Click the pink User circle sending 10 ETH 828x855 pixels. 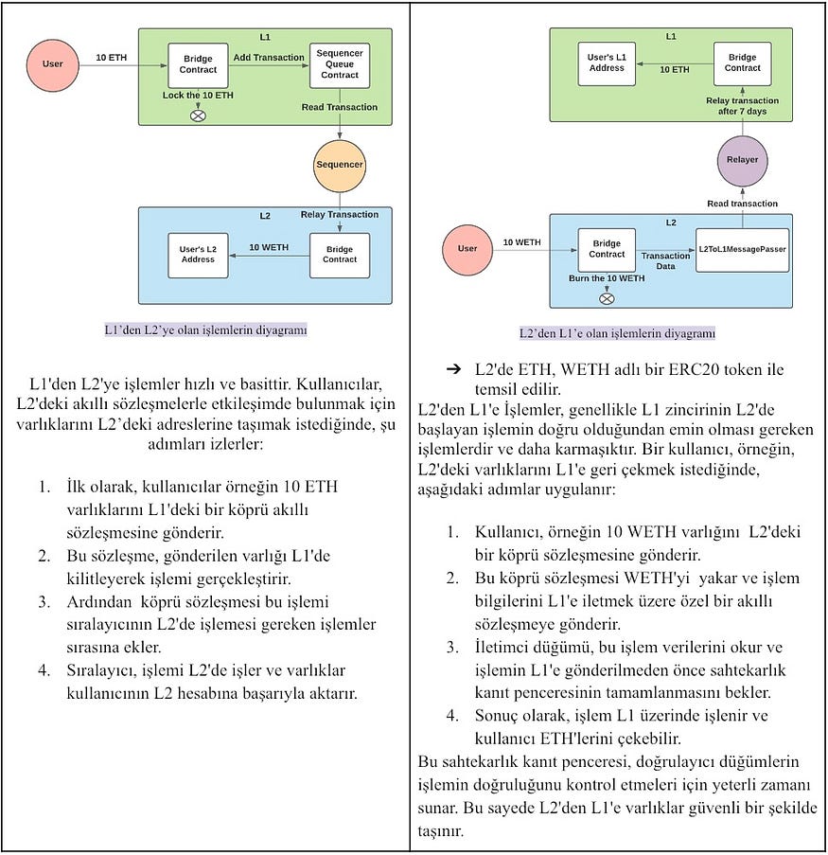pos(53,63)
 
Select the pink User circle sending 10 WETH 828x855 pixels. pos(467,249)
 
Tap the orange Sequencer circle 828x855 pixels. pos(339,166)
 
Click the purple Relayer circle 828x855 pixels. pos(743,160)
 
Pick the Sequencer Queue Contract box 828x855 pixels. pos(339,65)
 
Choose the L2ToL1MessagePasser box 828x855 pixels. pos(743,250)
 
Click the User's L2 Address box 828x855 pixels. pos(198,255)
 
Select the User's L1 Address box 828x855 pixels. pos(607,63)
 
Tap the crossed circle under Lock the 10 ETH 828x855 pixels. pos(198,116)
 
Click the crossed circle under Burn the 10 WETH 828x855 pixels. pos(607,299)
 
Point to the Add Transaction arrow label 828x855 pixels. pos(268,58)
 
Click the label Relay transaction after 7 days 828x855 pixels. pos(743,106)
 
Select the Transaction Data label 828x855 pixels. pos(665,261)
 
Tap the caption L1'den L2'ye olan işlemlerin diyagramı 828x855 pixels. pos(205,330)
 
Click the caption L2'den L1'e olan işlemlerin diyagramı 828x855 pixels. pos(616,333)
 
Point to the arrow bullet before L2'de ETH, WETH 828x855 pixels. pos(453,368)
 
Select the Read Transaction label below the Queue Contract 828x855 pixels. pos(339,107)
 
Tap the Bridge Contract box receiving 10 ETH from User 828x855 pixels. pos(198,64)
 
